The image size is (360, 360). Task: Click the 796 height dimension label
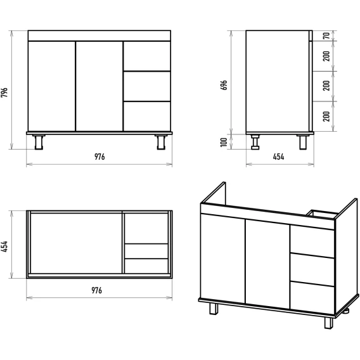click(4, 93)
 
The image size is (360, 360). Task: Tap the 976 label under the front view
click(100, 157)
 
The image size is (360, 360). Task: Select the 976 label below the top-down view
click(97, 290)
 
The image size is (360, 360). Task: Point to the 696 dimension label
click(224, 85)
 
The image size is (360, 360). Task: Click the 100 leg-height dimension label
click(224, 142)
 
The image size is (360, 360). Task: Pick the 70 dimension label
click(326, 36)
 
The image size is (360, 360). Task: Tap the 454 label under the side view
click(278, 157)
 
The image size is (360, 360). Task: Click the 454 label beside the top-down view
click(4, 247)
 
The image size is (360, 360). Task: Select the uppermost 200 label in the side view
click(326, 56)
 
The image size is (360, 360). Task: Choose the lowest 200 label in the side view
click(326, 117)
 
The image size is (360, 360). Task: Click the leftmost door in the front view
click(52, 86)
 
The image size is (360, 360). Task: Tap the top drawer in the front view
click(147, 56)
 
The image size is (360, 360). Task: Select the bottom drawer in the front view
click(147, 117)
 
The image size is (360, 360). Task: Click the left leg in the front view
click(39, 142)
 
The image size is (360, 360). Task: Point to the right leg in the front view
click(161, 142)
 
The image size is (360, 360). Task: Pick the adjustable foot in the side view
click(255, 142)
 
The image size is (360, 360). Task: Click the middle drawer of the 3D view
click(312, 270)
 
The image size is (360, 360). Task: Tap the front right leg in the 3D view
click(328, 323)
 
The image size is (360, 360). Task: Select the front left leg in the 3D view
click(214, 309)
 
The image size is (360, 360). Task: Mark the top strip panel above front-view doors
click(100, 36)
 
